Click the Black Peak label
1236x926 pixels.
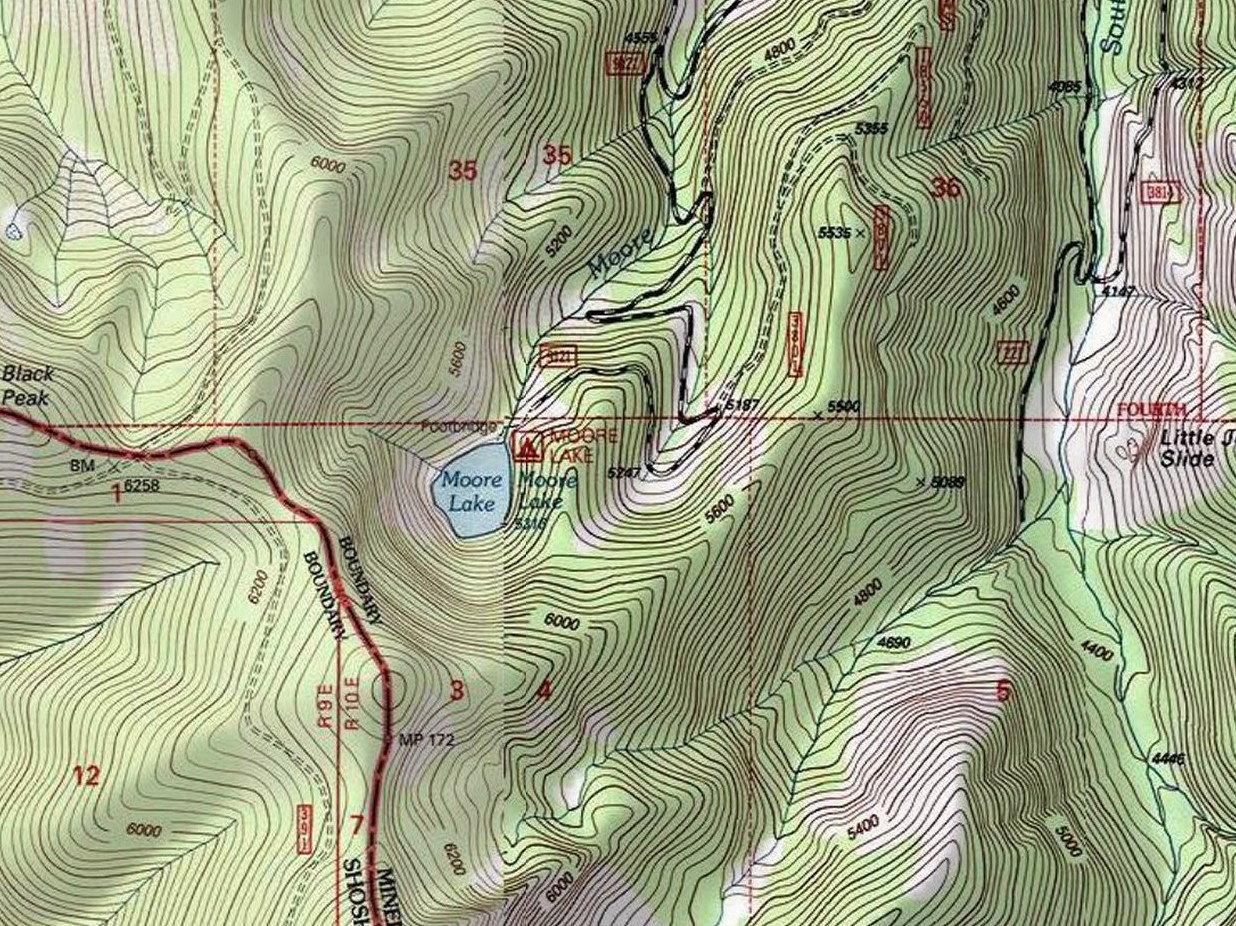pyautogui.click(x=29, y=386)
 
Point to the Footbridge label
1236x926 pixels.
pyautogui.click(x=459, y=426)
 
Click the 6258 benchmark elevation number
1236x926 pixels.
pyautogui.click(x=142, y=485)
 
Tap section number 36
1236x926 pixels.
pyautogui.click(x=945, y=187)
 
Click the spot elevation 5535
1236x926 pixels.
pyautogui.click(x=834, y=232)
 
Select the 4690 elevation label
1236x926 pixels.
pyautogui.click(x=893, y=643)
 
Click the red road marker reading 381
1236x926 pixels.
pyautogui.click(x=1158, y=193)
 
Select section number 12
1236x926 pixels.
pyautogui.click(x=86, y=775)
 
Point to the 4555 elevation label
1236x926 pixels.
pyautogui.click(x=640, y=38)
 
